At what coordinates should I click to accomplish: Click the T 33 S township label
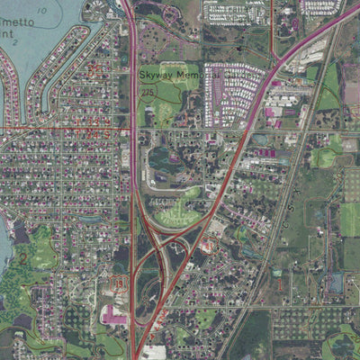point(98,121)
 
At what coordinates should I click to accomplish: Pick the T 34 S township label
point(98,134)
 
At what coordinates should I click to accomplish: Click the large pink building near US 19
point(115,315)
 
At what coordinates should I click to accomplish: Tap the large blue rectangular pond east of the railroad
point(334,283)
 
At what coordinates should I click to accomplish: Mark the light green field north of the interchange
point(180,216)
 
